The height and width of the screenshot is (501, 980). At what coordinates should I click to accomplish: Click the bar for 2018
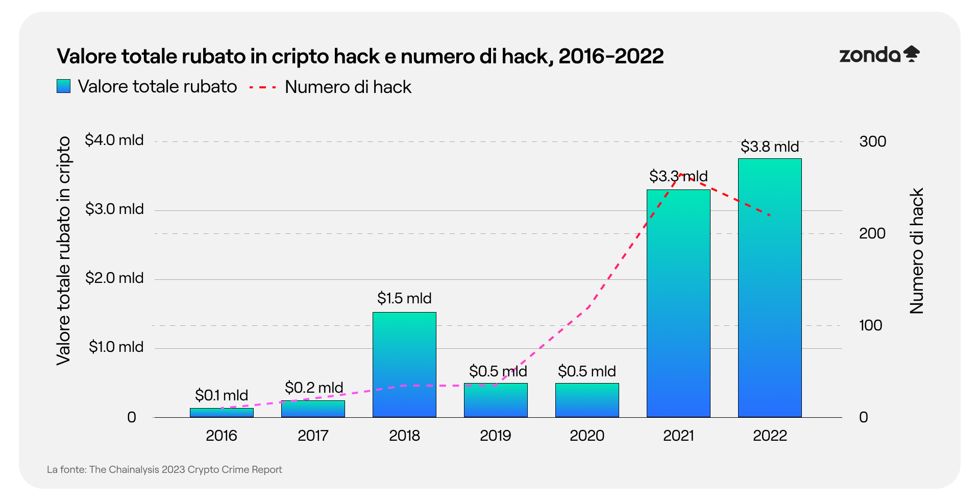(x=404, y=365)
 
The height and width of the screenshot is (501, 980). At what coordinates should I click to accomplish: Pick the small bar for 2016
(x=222, y=413)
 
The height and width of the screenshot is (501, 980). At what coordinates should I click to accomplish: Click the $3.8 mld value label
(x=770, y=147)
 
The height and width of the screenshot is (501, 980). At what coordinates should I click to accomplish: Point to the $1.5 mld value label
(x=404, y=298)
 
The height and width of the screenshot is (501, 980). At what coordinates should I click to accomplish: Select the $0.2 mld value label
(x=314, y=388)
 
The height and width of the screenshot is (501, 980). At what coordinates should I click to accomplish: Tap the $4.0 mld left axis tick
(x=114, y=140)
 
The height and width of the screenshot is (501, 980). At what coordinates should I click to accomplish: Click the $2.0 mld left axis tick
(x=114, y=278)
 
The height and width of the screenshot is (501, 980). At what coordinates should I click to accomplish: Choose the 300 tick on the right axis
(x=872, y=141)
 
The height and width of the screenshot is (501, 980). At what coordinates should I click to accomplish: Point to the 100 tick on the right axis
(x=870, y=325)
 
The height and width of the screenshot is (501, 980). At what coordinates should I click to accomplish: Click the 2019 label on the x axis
(x=495, y=436)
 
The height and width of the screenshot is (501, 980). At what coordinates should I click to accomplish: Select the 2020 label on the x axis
(x=587, y=436)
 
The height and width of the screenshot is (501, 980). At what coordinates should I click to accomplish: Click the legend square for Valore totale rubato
(x=63, y=86)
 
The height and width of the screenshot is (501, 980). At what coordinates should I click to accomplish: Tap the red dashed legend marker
(x=263, y=87)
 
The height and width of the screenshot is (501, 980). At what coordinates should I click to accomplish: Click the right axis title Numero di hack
(x=917, y=251)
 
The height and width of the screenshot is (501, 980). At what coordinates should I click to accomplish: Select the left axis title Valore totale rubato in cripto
(x=63, y=251)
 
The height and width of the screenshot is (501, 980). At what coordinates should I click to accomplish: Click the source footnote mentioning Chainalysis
(x=164, y=469)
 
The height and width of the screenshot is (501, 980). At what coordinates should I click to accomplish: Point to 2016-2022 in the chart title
(x=611, y=56)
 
